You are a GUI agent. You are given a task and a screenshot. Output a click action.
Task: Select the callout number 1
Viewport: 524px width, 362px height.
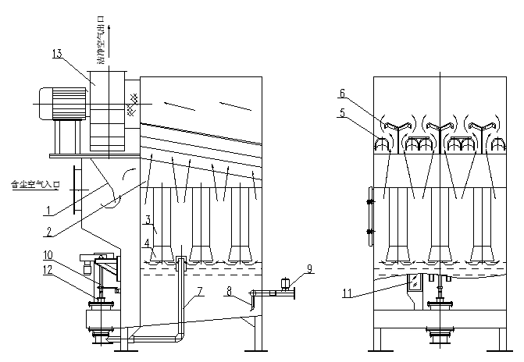pos(49,209)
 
